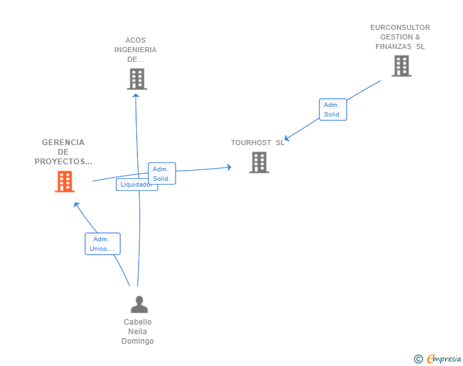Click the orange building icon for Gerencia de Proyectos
[x=64, y=181]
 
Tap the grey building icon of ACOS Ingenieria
[x=137, y=79]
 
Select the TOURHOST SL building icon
[x=259, y=162]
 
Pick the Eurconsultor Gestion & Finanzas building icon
[x=401, y=66]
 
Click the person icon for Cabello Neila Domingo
[x=139, y=304]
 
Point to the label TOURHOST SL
[x=258, y=143]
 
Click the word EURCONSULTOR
[x=400, y=27]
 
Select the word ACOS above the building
[x=135, y=40]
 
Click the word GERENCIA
[x=63, y=143]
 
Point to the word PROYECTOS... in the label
[x=63, y=162]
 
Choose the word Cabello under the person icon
[x=137, y=322]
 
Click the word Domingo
[x=137, y=341]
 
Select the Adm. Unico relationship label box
[x=102, y=244]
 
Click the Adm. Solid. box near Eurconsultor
[x=333, y=109]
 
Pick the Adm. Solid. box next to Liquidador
[x=162, y=173]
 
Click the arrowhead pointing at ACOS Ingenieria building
[x=136, y=95]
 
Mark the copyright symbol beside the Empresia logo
[x=418, y=359]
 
